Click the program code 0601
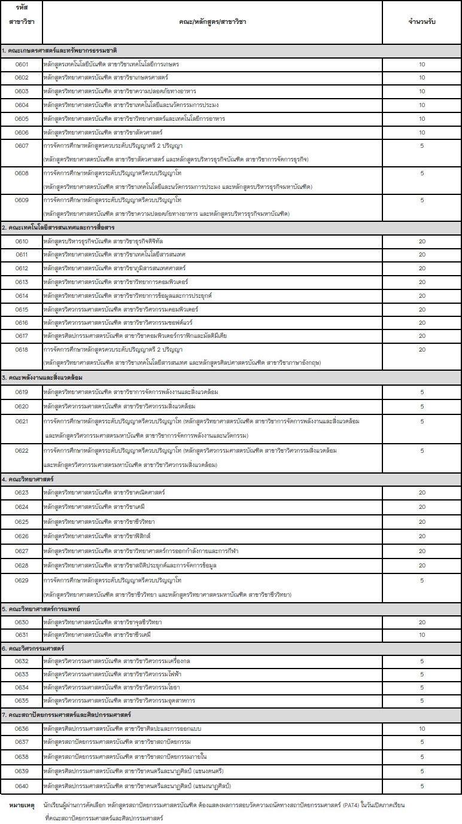click(x=22, y=64)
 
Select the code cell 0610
click(x=22, y=241)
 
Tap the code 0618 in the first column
click(x=22, y=349)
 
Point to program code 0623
click(x=22, y=492)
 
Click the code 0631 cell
click(x=22, y=634)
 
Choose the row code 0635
click(x=22, y=700)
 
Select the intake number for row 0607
click(x=422, y=145)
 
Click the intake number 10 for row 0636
click(x=422, y=728)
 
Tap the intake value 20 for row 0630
click(x=422, y=622)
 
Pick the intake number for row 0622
click(x=422, y=451)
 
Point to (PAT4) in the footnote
click(x=367, y=805)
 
